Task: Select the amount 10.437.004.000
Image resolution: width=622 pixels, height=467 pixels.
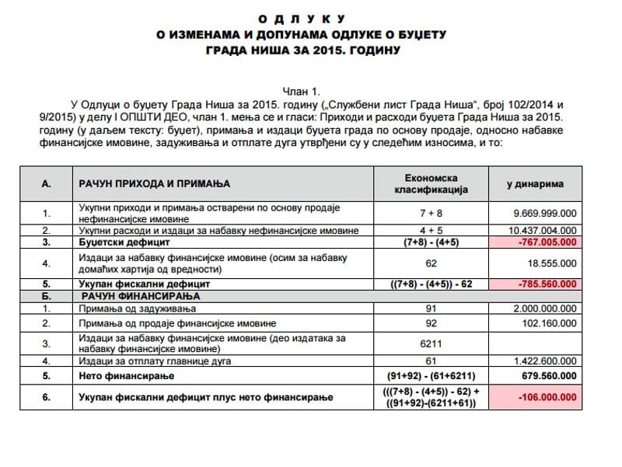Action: pyautogui.click(x=542, y=231)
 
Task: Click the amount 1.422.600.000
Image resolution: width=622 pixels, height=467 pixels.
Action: pyautogui.click(x=543, y=361)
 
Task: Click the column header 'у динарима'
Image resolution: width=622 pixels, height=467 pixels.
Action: pyautogui.click(x=536, y=184)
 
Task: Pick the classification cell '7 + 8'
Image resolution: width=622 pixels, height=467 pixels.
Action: pyautogui.click(x=433, y=213)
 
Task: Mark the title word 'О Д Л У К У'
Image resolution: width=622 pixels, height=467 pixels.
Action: pyautogui.click(x=310, y=17)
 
